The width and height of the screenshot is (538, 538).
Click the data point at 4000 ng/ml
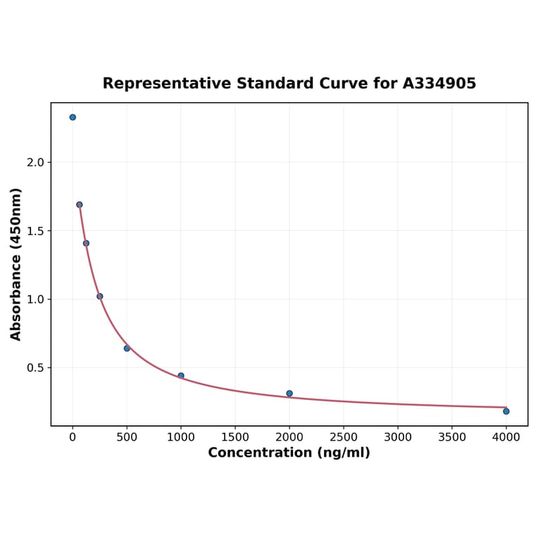[x=506, y=411]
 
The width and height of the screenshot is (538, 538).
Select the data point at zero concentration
[x=73, y=118]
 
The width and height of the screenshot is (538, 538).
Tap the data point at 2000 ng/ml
[x=289, y=394]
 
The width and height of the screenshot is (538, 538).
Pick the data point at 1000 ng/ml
[x=181, y=376]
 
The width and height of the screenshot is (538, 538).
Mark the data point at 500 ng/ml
[x=127, y=349]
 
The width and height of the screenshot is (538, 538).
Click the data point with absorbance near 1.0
[x=100, y=296]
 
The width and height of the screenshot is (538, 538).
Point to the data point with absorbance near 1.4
[x=86, y=244]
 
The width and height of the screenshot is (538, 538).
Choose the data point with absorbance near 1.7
[x=80, y=205]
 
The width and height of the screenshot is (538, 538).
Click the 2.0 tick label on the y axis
[x=35, y=163]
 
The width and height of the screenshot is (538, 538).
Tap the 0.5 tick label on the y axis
[x=35, y=368]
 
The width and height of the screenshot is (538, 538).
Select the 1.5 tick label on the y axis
[x=35, y=231]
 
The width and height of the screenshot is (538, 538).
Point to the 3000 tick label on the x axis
[x=398, y=437]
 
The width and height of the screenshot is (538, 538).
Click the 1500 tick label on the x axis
[x=235, y=437]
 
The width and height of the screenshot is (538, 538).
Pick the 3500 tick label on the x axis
[x=452, y=437]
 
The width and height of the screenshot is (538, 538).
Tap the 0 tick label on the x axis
[x=73, y=437]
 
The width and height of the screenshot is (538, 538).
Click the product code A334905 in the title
[x=439, y=84]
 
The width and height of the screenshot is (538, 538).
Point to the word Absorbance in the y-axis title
[x=16, y=287]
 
